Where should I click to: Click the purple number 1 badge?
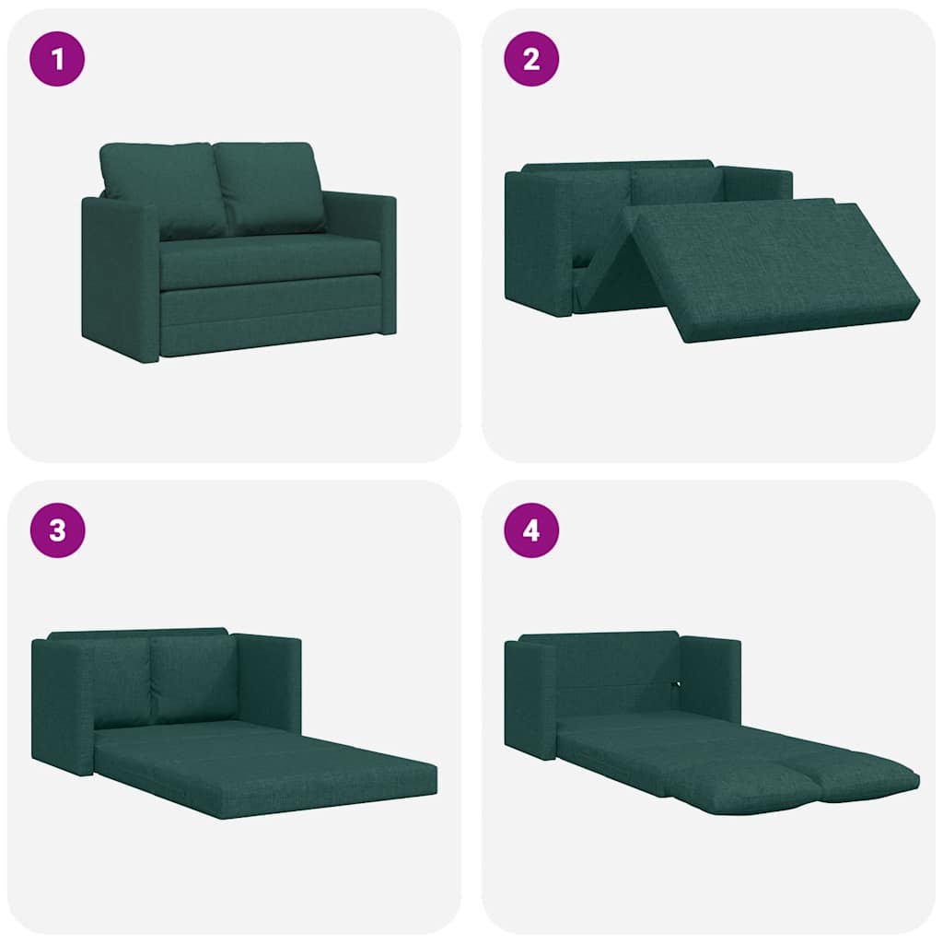[x=57, y=59]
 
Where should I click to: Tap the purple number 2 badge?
[x=531, y=59]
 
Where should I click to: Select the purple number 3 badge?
[x=57, y=530]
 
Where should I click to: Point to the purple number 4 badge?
[x=531, y=530]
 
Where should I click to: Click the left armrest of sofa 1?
[x=120, y=276]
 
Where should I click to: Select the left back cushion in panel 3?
[x=120, y=681]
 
